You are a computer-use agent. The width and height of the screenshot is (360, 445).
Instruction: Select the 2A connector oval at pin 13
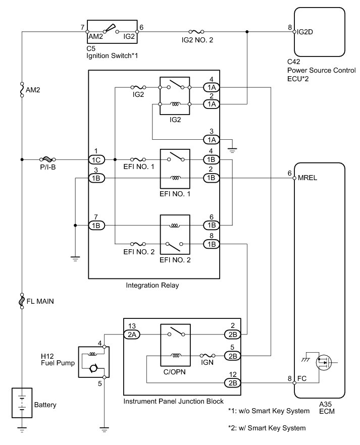(x=132, y=333)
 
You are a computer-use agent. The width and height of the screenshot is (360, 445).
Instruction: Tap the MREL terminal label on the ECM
(x=306, y=178)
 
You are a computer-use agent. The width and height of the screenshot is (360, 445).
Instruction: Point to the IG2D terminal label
(x=307, y=31)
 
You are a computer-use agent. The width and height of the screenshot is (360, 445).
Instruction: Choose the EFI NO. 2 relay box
(x=175, y=235)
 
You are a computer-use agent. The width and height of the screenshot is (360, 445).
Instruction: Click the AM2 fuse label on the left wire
(x=33, y=90)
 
